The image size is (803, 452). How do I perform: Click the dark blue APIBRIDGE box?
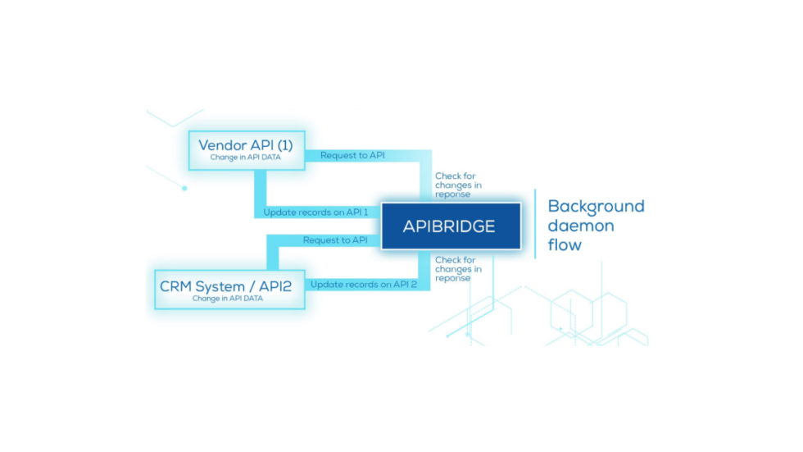(449, 226)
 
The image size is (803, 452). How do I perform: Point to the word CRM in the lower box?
(176, 286)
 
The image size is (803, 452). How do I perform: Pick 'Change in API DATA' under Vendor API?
(246, 158)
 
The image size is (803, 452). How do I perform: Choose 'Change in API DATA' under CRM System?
(228, 299)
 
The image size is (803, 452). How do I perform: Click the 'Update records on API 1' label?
(315, 212)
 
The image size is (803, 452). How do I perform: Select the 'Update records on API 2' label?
(364, 284)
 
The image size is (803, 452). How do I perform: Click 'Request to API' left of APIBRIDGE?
(335, 240)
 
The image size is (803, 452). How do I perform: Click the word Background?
(596, 206)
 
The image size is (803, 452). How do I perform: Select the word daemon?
(580, 225)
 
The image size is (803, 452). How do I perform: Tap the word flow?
(565, 244)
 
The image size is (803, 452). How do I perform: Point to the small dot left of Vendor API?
(184, 188)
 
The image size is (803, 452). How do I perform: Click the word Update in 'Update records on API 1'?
(279, 212)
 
